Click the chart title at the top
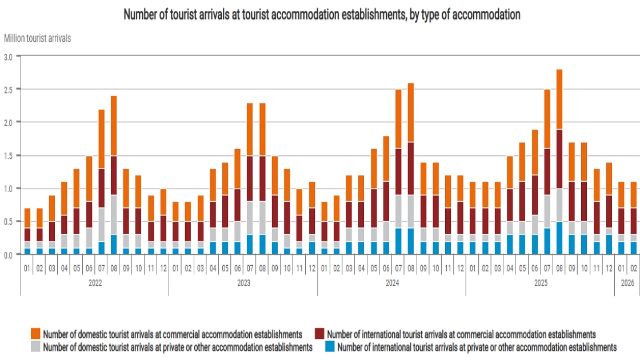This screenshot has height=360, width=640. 322,15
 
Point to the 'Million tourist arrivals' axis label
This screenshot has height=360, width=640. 38,39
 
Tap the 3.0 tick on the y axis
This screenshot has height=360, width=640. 9,57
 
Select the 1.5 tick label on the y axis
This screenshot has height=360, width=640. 9,155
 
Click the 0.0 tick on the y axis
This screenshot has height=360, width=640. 9,254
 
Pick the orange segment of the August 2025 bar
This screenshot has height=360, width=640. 559,99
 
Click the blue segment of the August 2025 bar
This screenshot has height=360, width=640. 559,238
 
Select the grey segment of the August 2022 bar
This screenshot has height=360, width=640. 114,215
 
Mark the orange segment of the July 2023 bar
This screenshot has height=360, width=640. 250,129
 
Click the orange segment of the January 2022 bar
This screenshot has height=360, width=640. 27,218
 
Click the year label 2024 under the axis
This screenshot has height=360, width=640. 391,283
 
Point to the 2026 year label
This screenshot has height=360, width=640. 627,283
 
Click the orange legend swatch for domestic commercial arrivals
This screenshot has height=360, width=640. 36,334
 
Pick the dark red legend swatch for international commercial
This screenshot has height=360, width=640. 319,334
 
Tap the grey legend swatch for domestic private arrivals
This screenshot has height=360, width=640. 36,346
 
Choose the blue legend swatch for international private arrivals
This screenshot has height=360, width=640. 330,346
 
